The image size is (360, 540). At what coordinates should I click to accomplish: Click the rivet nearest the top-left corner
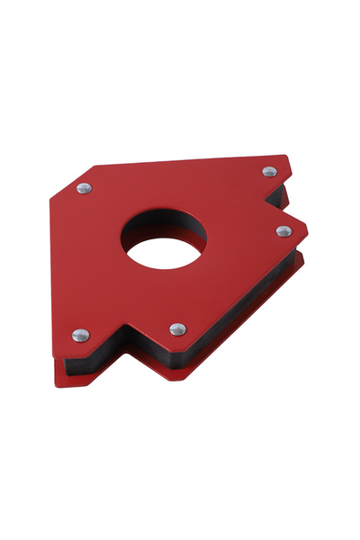(x=84, y=188)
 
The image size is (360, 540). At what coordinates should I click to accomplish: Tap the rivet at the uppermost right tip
(x=269, y=171)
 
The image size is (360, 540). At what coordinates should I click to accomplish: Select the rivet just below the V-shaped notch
(x=283, y=231)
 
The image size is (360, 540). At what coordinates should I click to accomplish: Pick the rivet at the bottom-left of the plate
(x=80, y=335)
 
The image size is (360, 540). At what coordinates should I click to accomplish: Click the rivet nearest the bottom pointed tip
(x=178, y=329)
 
